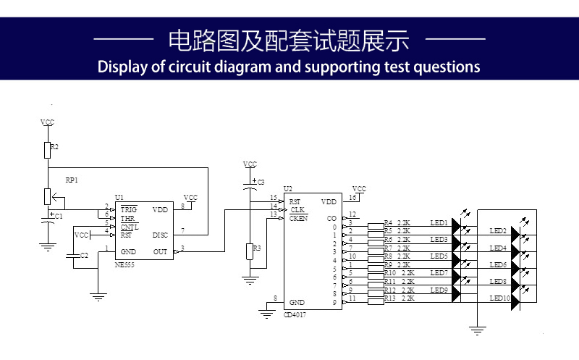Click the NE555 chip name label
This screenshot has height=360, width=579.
(124, 266)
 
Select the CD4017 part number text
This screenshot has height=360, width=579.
(295, 314)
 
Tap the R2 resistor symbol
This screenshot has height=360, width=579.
(48, 150)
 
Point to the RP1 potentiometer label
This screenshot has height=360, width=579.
(71, 179)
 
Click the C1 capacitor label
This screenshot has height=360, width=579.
(59, 217)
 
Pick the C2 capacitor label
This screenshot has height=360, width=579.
(84, 256)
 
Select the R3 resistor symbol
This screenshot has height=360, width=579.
(250, 251)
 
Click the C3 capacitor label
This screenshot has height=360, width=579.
(261, 181)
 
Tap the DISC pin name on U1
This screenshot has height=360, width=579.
(161, 235)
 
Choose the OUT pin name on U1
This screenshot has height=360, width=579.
(160, 251)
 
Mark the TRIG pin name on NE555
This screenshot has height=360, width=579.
(129, 209)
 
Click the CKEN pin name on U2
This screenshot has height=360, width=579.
(298, 218)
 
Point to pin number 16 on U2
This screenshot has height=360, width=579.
(352, 197)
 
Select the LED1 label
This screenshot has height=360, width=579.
(439, 222)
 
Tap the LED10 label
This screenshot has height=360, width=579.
(499, 298)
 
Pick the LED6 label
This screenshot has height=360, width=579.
(498, 265)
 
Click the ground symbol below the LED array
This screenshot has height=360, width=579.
(477, 331)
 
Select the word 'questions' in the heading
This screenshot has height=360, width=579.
(442, 67)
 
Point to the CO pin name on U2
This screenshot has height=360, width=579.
(332, 218)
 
